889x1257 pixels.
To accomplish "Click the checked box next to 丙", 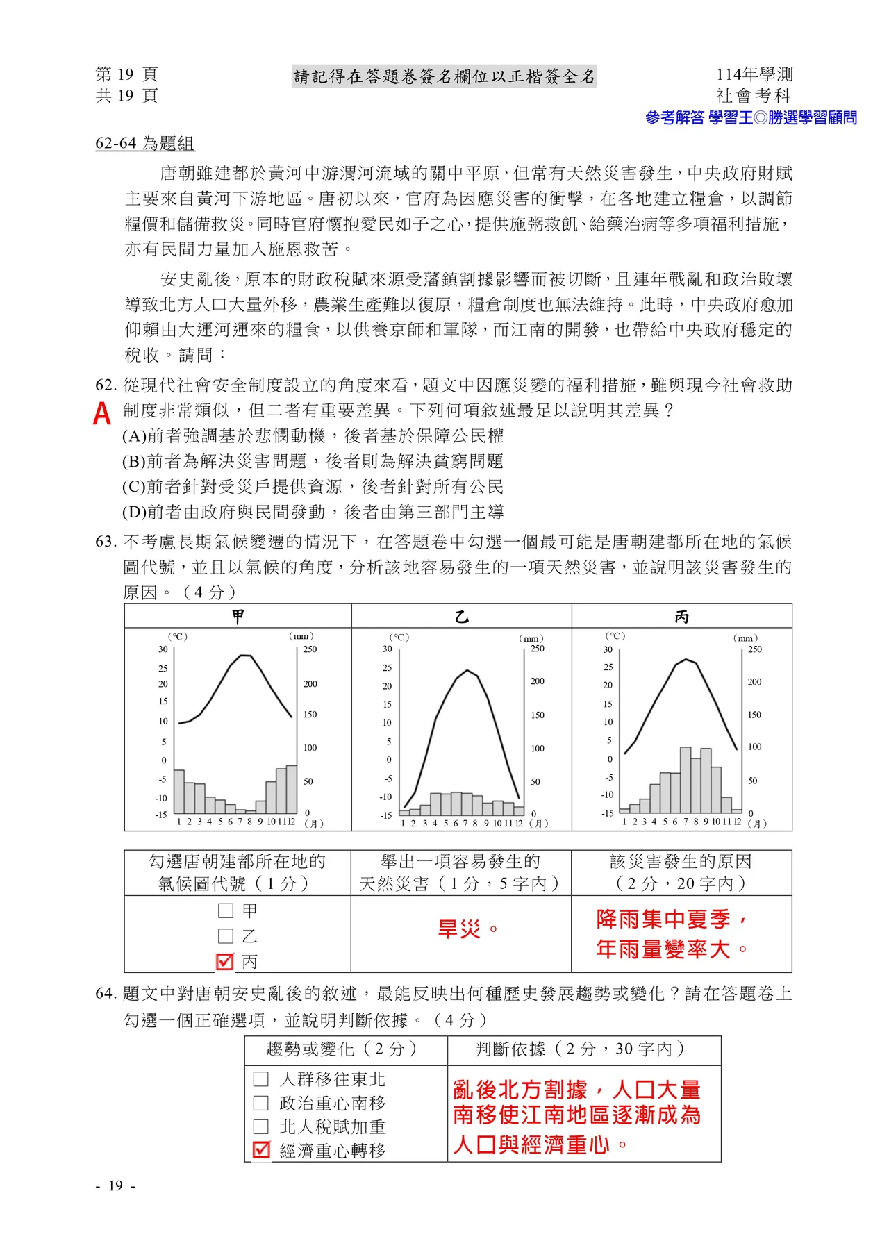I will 225,961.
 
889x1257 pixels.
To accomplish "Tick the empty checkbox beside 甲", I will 225,910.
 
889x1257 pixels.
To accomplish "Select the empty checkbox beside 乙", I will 225,936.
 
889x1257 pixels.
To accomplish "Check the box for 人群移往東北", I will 261,1079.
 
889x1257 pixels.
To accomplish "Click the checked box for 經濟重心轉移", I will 261,1150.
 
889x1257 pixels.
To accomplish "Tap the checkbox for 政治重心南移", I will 261,1103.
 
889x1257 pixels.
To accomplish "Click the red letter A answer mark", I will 102,413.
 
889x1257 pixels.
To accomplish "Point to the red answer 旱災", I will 459,929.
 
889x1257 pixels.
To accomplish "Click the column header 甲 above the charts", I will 238,617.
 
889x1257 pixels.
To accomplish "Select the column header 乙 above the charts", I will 462,617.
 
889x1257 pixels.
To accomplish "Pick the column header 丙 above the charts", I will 682,617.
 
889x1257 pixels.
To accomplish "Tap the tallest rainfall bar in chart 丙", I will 686,780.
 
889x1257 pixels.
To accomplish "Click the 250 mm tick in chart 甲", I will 310,649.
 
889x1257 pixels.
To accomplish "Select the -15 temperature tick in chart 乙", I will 386,815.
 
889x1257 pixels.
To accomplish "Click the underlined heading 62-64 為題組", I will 145,144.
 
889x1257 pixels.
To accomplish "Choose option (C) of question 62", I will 313,486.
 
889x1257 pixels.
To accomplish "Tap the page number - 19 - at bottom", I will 116,1185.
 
